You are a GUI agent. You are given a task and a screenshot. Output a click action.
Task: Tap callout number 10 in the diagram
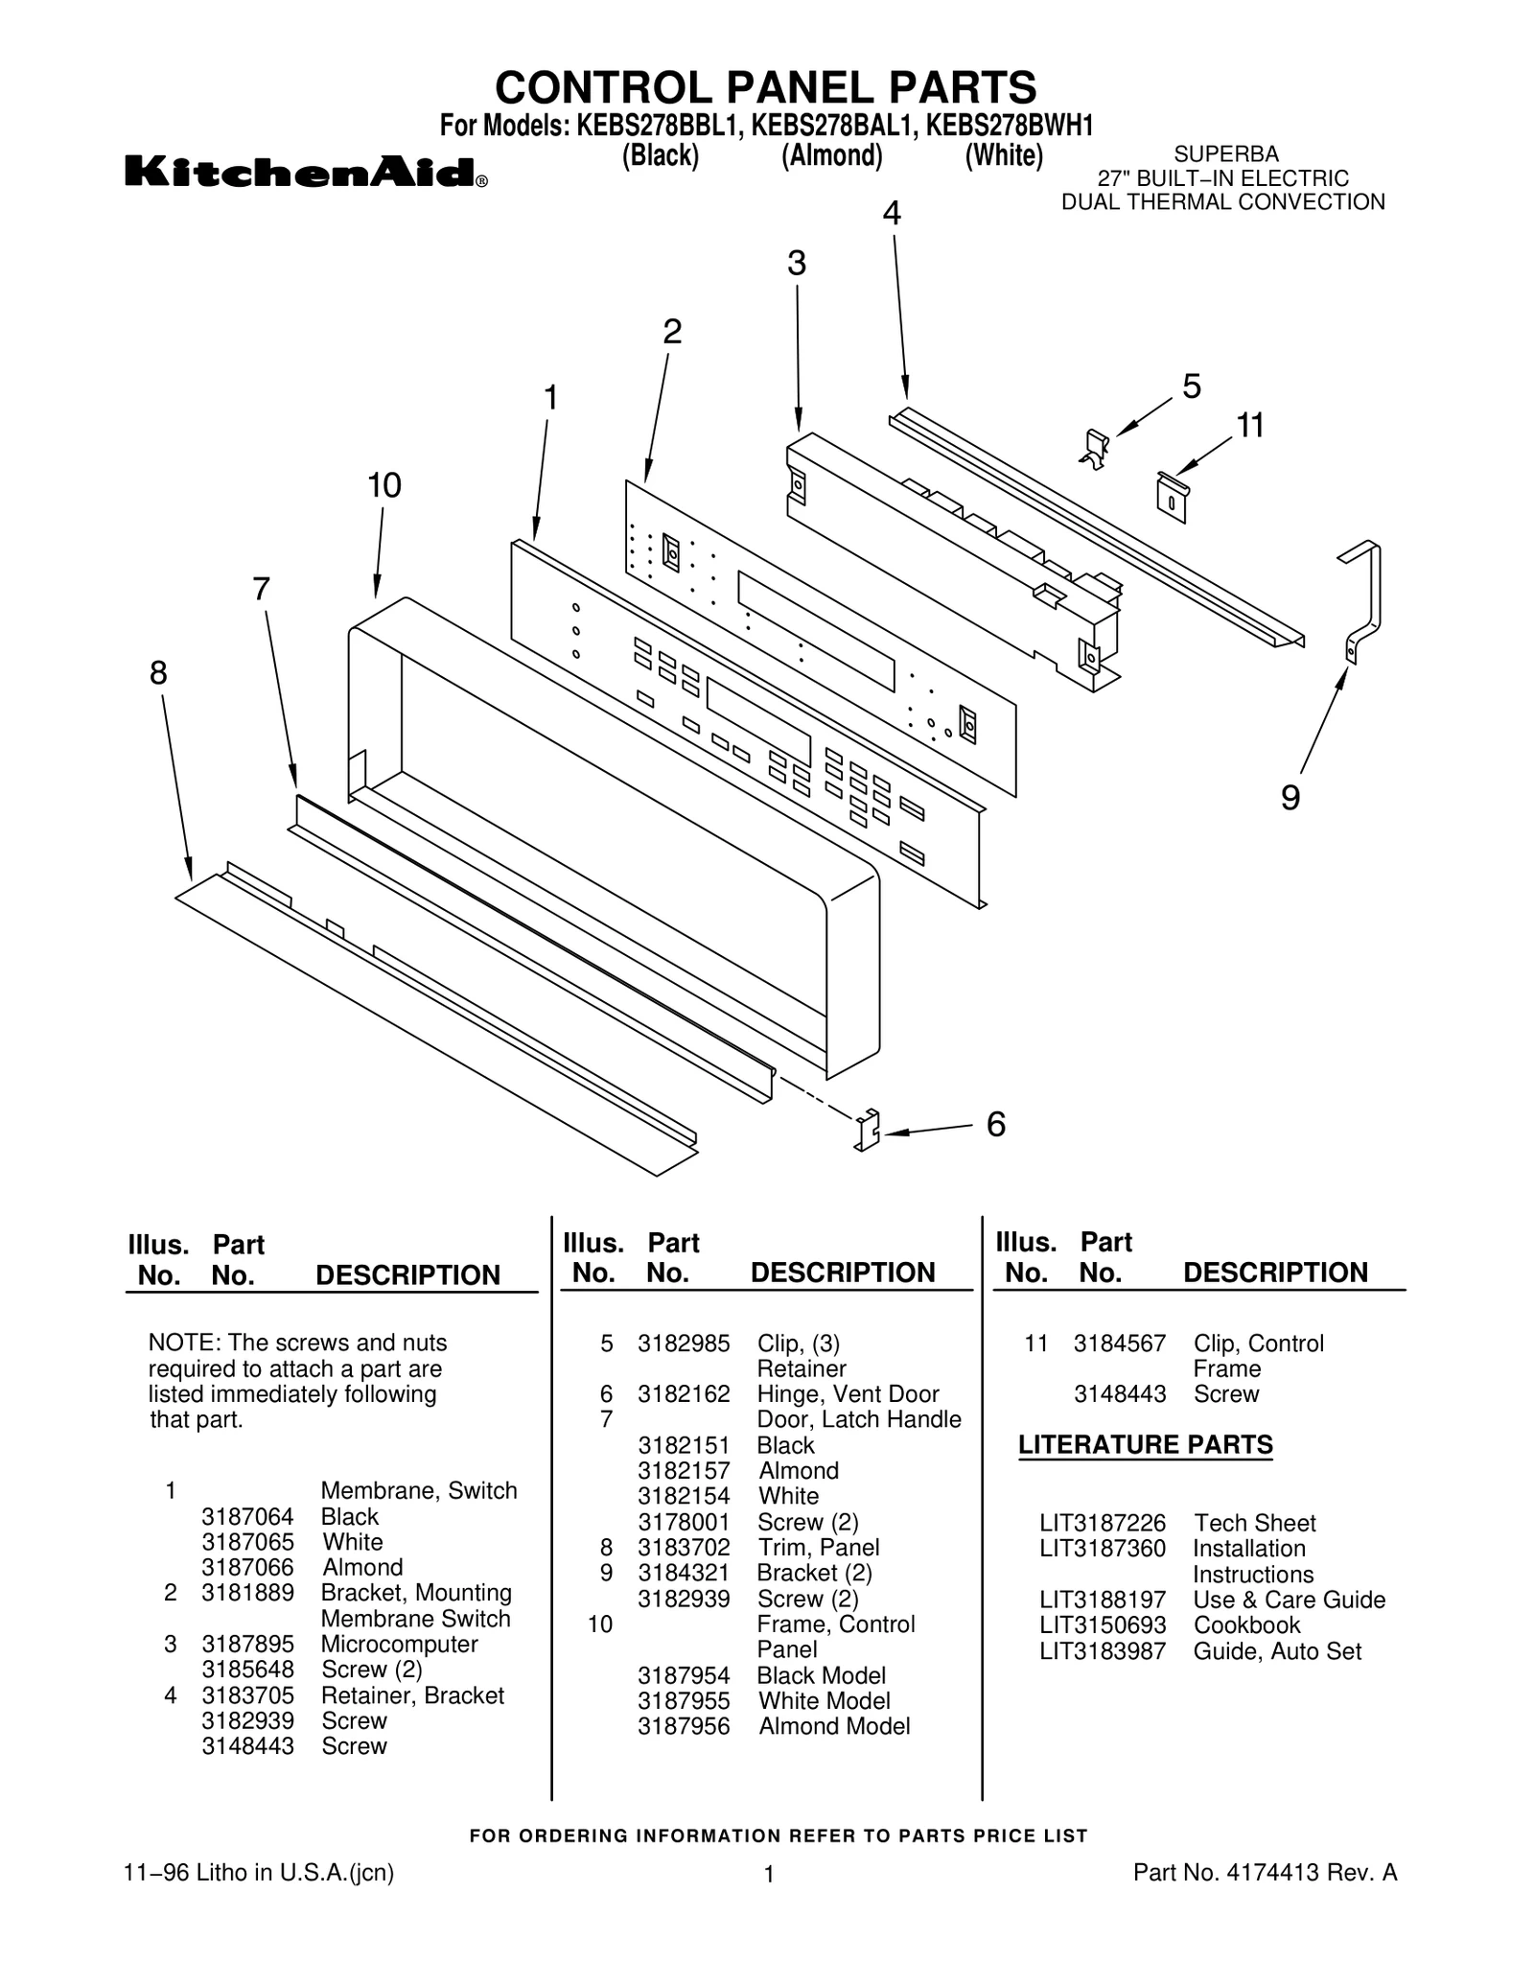point(383,486)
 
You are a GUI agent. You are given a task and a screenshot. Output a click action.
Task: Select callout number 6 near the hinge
point(995,1124)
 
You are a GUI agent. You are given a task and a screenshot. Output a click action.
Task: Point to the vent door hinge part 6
point(867,1130)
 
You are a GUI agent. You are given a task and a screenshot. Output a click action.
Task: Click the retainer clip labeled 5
point(1095,448)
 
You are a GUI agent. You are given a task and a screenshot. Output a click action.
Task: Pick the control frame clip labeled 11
point(1172,496)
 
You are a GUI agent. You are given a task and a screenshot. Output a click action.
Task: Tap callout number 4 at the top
point(891,214)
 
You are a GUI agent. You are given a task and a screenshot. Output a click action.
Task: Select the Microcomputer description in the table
point(399,1644)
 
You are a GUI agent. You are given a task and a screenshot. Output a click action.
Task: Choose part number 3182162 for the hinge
point(684,1393)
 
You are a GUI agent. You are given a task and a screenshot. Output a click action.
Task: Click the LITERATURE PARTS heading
point(1145,1444)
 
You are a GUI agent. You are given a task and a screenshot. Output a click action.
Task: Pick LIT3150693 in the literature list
point(1103,1624)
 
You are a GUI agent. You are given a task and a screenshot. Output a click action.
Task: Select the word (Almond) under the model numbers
point(831,155)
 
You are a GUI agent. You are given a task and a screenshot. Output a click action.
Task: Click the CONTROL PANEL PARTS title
point(765,87)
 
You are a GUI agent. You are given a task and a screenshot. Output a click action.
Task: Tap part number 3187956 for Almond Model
point(684,1725)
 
